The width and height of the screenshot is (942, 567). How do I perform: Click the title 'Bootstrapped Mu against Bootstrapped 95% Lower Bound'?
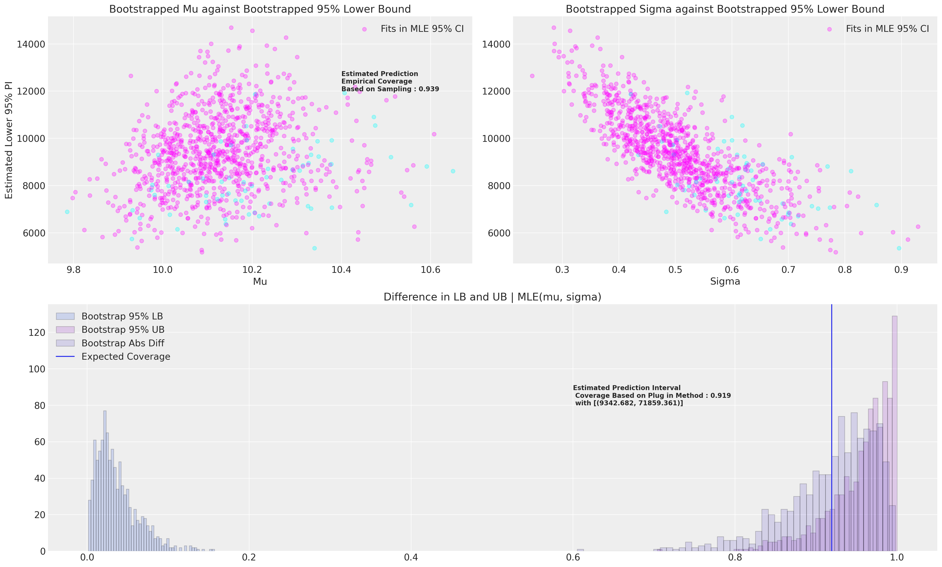(260, 9)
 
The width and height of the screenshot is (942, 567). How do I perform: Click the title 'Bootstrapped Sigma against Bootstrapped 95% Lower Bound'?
(725, 9)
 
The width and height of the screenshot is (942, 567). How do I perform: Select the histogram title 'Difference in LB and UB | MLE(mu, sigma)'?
(492, 297)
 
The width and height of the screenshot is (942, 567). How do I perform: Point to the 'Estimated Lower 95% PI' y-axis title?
(9, 140)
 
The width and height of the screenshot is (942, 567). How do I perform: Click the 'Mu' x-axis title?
(260, 282)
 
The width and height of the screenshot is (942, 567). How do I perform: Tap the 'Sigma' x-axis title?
(725, 282)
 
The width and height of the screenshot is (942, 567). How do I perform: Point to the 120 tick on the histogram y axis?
(37, 333)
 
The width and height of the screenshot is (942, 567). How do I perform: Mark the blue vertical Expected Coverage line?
(831, 420)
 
